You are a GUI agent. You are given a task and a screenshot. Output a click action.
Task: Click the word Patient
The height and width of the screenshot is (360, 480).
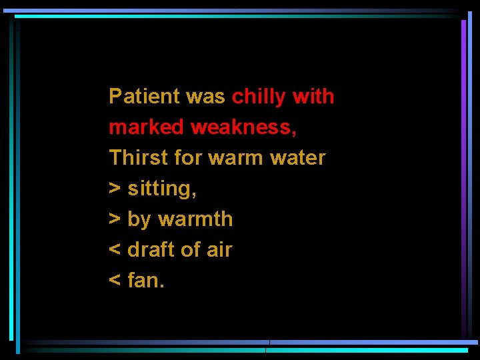(x=145, y=97)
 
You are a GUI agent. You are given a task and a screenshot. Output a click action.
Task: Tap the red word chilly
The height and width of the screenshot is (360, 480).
(x=258, y=97)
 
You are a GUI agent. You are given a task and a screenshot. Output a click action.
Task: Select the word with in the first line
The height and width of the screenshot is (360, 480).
(x=313, y=97)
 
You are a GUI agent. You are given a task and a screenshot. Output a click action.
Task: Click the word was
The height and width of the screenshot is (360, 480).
(x=205, y=97)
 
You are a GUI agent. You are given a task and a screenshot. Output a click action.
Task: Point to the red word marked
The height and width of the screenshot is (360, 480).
(x=146, y=127)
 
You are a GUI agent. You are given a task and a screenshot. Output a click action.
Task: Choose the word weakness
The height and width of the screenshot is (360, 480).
(x=243, y=127)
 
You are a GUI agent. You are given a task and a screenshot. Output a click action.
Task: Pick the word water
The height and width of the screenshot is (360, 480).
(x=297, y=159)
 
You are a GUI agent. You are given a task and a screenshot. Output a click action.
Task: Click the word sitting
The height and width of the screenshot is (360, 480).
(x=161, y=189)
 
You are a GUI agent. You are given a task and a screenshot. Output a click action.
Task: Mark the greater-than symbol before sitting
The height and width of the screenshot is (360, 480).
(x=115, y=189)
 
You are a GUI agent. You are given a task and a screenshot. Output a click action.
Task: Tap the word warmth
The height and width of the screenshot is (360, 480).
(x=195, y=219)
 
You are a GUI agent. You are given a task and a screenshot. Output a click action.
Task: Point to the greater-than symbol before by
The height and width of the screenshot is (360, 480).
(x=115, y=219)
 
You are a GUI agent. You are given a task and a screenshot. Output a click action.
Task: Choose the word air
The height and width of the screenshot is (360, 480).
(x=219, y=250)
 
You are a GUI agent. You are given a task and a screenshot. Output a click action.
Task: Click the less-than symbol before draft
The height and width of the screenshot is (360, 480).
(x=115, y=250)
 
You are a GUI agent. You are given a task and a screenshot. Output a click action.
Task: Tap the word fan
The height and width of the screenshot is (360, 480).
(x=145, y=281)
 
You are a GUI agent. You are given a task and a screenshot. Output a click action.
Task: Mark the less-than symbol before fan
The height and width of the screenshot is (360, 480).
(x=115, y=281)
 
